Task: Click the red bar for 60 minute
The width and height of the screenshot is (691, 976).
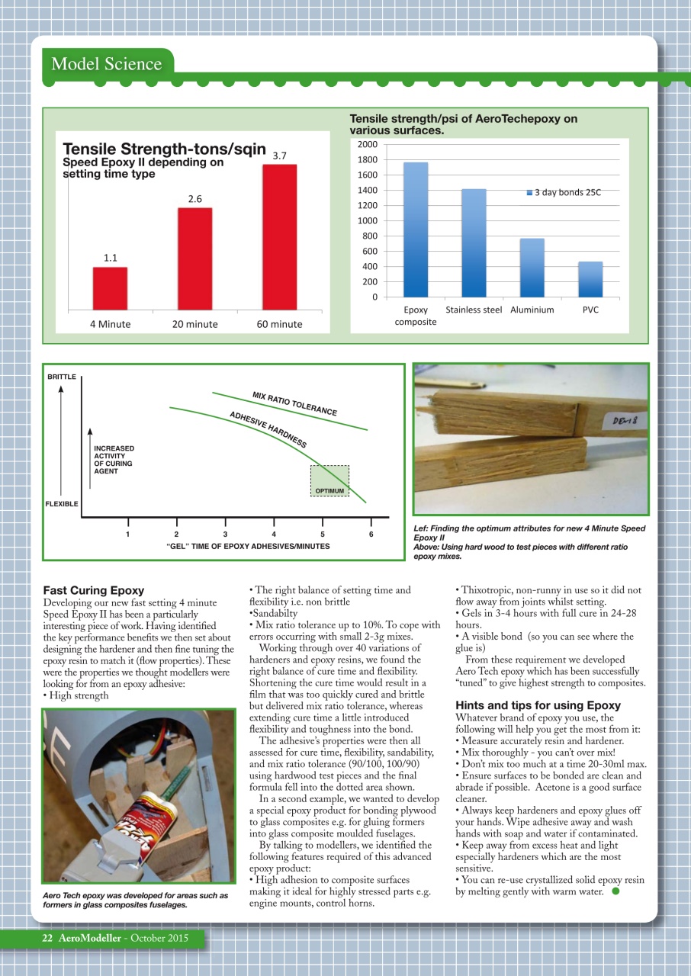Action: click(279, 236)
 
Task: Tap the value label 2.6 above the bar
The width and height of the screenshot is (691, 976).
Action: click(194, 199)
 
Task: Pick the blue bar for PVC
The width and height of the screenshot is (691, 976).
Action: click(590, 279)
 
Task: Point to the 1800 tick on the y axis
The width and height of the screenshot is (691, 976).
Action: click(368, 160)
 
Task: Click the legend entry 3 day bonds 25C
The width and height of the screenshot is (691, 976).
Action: click(564, 192)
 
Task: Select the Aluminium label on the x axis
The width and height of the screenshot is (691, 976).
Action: click(532, 310)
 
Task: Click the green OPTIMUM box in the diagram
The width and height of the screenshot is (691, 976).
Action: click(329, 481)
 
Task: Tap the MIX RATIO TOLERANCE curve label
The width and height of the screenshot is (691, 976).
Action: click(294, 403)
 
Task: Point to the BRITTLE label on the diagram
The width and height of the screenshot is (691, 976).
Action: click(61, 377)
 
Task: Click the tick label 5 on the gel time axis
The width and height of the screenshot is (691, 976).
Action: click(323, 534)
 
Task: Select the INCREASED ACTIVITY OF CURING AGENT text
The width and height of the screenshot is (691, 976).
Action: click(114, 460)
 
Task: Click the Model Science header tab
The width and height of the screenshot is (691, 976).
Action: click(106, 63)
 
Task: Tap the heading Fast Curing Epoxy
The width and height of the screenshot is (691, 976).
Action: click(93, 590)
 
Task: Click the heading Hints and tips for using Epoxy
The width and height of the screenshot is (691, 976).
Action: click(538, 705)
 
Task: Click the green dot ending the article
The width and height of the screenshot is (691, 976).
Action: click(615, 891)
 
